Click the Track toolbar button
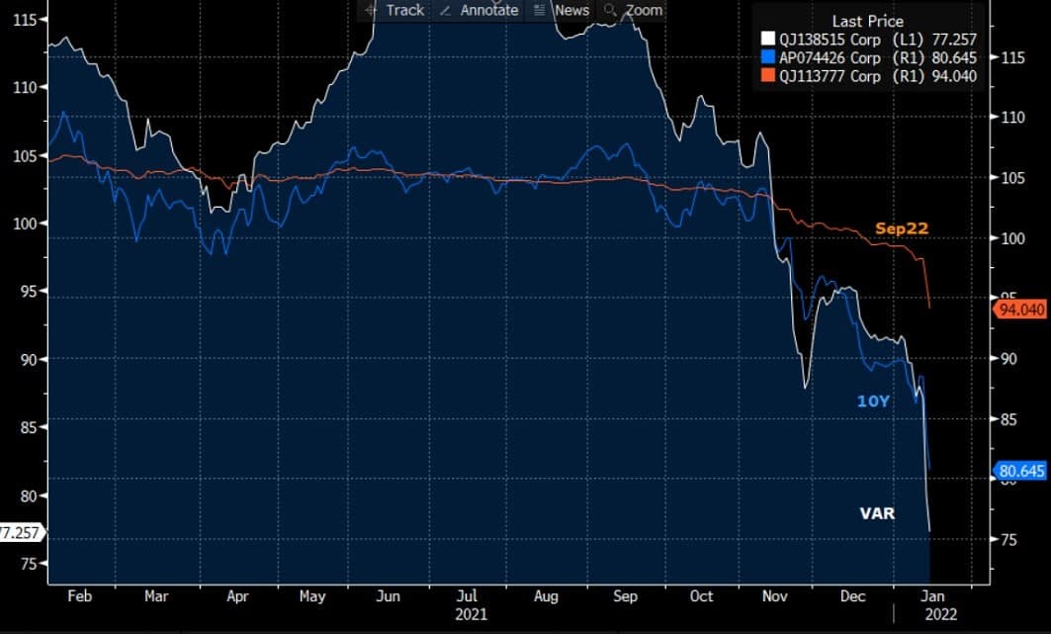[x=394, y=10]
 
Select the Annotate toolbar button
[x=479, y=10]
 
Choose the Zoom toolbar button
[x=634, y=10]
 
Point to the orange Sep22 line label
[x=902, y=228]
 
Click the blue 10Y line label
[x=873, y=401]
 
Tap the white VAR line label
[x=876, y=513]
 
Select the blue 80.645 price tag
[x=1018, y=471]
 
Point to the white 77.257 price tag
[x=19, y=532]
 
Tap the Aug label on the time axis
[x=546, y=596]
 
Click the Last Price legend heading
[x=867, y=21]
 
